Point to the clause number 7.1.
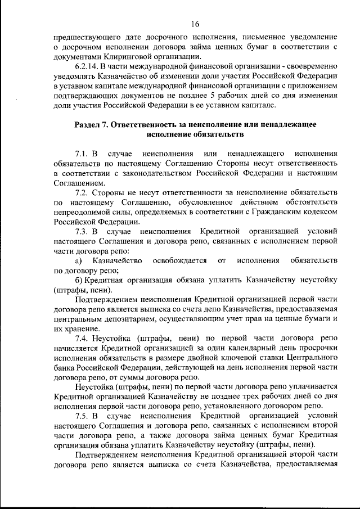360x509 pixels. (x=82, y=154)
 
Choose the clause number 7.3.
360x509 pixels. (x=82, y=231)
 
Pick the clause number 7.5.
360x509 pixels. (x=82, y=416)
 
